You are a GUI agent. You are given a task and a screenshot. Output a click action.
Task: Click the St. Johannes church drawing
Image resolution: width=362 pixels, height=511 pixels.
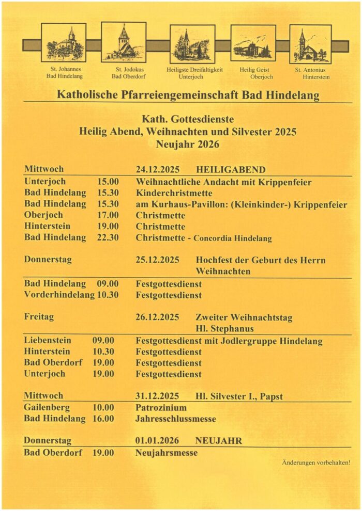point(64,43)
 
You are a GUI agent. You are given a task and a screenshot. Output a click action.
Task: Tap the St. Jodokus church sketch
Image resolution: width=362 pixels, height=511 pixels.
point(124,42)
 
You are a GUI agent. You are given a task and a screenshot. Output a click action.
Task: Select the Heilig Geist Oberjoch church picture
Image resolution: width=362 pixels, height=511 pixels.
point(253,43)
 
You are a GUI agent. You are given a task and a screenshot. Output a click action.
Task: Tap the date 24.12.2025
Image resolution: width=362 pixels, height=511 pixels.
point(158,169)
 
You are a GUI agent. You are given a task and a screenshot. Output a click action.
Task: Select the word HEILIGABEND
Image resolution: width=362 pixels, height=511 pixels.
point(231,169)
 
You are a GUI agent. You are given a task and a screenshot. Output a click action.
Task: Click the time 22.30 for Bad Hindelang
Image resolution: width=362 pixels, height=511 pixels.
point(108,237)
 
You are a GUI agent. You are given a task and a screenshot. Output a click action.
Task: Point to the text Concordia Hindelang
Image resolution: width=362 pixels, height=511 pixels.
point(232,238)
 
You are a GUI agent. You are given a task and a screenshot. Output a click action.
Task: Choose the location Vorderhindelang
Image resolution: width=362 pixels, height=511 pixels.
point(59,295)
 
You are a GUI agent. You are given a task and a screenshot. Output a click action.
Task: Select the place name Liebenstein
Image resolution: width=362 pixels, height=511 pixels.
point(48,341)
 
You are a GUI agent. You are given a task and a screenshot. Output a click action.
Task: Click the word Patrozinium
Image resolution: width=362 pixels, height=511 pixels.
point(161,408)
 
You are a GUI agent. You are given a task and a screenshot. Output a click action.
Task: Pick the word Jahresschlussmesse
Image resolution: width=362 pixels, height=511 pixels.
point(176,419)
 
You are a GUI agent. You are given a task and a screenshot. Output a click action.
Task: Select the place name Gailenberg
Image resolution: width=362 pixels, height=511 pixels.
point(47,408)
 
